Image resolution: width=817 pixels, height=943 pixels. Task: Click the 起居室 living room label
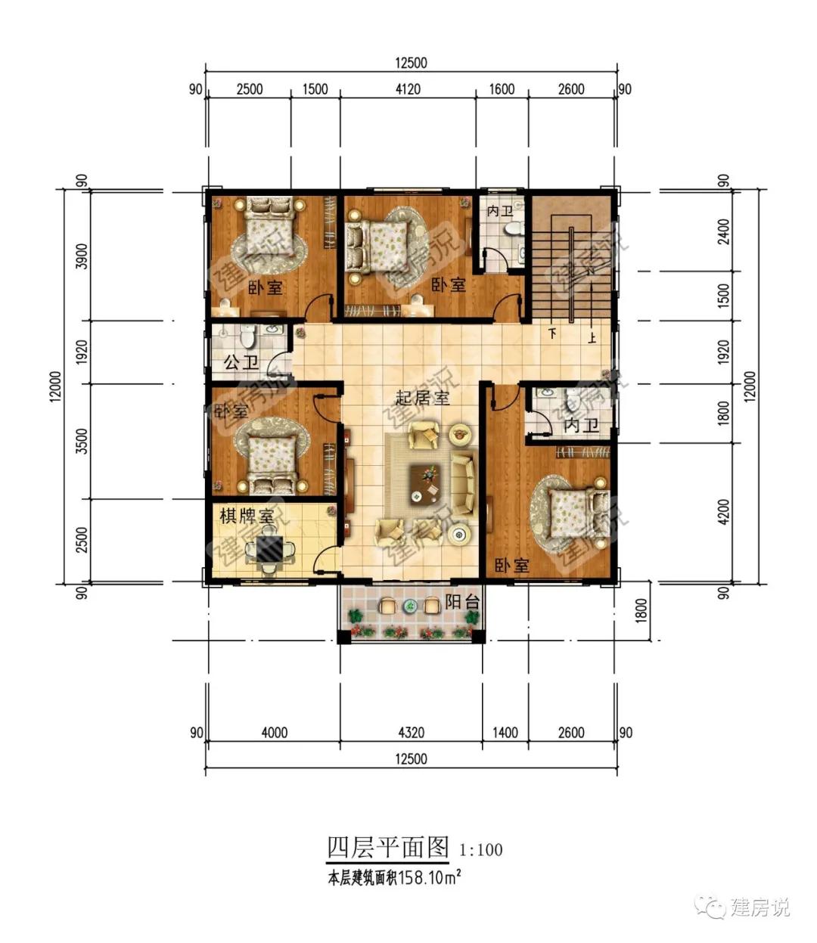[422, 398]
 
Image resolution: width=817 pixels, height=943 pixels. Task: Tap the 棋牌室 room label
[247, 516]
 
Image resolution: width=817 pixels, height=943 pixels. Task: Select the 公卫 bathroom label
[241, 363]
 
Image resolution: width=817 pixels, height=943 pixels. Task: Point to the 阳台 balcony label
[462, 602]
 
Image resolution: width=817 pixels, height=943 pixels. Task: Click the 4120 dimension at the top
[408, 89]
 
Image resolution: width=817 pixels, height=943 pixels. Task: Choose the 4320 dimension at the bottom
[412, 733]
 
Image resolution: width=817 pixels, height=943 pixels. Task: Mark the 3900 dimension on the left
[82, 256]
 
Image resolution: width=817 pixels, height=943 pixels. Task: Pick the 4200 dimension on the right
[723, 512]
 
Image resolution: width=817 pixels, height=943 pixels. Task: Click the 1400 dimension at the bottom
[505, 733]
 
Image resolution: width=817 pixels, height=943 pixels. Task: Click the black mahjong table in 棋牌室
[269, 549]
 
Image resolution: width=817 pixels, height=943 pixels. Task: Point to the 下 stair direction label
[552, 333]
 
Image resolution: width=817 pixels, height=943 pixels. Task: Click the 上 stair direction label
[592, 337]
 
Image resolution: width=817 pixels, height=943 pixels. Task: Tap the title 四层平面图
[388, 848]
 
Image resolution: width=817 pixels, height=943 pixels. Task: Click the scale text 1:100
[480, 850]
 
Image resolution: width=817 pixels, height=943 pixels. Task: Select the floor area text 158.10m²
[430, 877]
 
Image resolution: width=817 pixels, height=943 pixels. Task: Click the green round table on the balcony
[410, 606]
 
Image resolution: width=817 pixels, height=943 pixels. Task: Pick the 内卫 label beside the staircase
[500, 211]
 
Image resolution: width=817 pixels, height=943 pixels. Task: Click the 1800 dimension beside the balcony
[641, 611]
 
